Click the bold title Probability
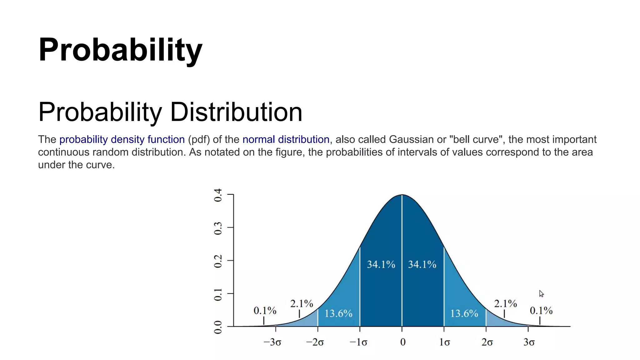click(120, 50)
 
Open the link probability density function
click(122, 139)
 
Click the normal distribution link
click(286, 139)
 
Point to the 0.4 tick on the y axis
click(218, 195)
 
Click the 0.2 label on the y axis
click(218, 261)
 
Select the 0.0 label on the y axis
click(218, 327)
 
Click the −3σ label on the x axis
click(272, 342)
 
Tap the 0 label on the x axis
click(403, 342)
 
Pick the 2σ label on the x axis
click(487, 342)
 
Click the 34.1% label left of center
click(381, 265)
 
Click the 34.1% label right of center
click(422, 265)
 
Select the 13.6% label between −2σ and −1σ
click(338, 313)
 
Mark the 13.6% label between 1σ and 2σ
click(464, 313)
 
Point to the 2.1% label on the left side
click(302, 304)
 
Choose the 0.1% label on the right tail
click(541, 311)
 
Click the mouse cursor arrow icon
click(541, 294)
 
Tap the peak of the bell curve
click(402, 195)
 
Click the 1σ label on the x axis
click(444, 342)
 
